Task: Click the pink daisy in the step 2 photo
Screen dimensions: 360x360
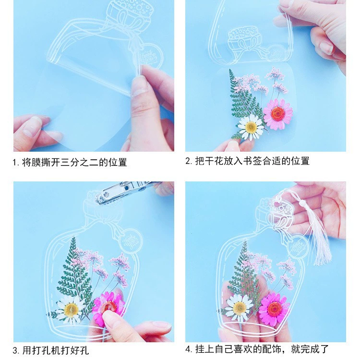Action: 278,114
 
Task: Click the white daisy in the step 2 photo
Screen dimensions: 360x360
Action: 251,127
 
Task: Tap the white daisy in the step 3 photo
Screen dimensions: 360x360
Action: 71,310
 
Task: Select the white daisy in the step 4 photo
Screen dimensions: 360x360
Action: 239,307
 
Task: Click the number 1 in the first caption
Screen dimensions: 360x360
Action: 15,163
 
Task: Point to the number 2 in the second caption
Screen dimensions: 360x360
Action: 188,161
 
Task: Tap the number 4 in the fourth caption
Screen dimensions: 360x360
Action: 188,349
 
